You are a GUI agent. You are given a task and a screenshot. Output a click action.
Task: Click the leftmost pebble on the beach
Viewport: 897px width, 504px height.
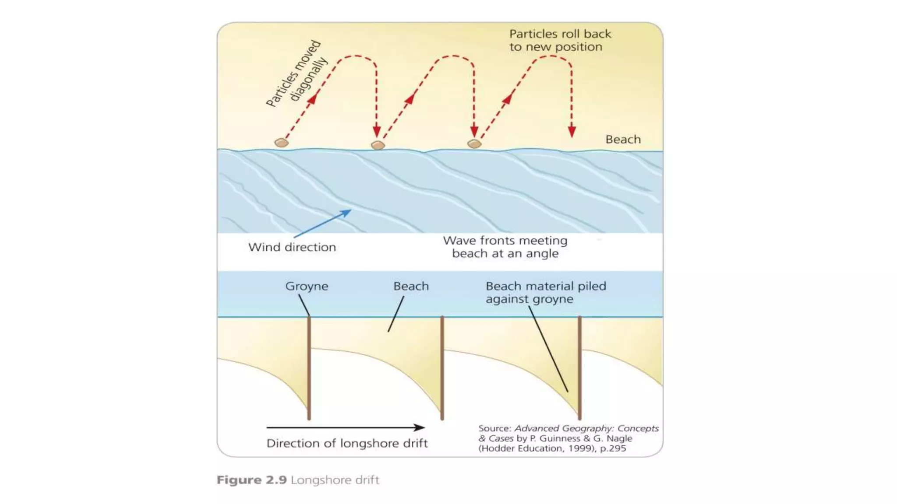pyautogui.click(x=281, y=143)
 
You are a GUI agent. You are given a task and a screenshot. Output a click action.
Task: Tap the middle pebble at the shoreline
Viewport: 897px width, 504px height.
pyautogui.click(x=378, y=145)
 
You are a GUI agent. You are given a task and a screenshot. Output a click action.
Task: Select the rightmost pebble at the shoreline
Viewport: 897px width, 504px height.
pyautogui.click(x=474, y=143)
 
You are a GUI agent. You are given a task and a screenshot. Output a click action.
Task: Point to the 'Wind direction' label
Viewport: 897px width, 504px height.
pyautogui.click(x=292, y=247)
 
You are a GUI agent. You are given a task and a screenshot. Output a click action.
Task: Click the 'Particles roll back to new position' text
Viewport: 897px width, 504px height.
pyautogui.click(x=559, y=40)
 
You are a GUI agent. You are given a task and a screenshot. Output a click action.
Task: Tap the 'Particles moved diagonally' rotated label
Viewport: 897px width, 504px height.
pyautogui.click(x=297, y=74)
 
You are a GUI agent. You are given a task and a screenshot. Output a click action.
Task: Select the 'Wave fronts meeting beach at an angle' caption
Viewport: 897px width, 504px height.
pyautogui.click(x=505, y=247)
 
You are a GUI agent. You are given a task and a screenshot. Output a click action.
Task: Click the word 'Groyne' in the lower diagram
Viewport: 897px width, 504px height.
pyautogui.click(x=307, y=286)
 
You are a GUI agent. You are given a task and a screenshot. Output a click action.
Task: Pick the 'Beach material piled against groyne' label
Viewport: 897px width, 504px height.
pyautogui.click(x=545, y=292)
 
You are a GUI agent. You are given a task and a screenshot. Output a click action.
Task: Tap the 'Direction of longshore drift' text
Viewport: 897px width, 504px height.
pyautogui.click(x=347, y=443)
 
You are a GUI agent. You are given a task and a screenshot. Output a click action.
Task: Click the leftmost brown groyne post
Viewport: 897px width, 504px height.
pyautogui.click(x=309, y=367)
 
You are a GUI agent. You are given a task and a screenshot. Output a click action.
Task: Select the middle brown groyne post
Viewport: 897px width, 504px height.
pyautogui.click(x=442, y=367)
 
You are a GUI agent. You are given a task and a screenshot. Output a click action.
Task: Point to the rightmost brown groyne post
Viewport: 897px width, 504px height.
pyautogui.click(x=579, y=367)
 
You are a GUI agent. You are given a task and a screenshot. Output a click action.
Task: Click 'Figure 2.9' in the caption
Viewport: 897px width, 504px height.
pyautogui.click(x=252, y=480)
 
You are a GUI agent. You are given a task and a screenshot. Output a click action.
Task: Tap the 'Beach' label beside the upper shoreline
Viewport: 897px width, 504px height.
pyautogui.click(x=623, y=140)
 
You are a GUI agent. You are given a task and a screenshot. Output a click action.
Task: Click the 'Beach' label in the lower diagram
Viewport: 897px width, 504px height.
pyautogui.click(x=411, y=286)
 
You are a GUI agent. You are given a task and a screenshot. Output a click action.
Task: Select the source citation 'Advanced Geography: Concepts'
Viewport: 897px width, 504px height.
pyautogui.click(x=586, y=428)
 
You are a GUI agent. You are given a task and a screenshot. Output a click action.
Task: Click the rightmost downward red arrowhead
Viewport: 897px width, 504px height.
pyautogui.click(x=572, y=132)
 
